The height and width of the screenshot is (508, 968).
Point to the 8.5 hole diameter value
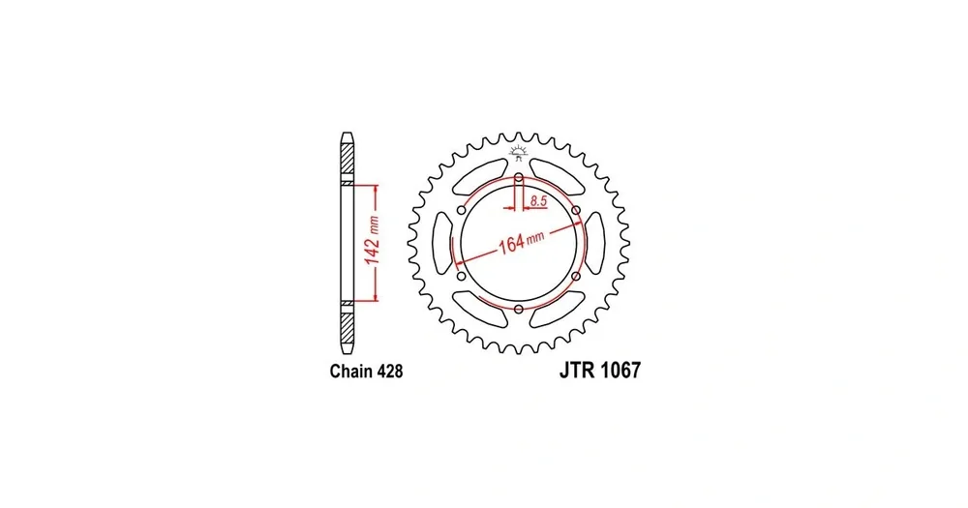pos(537,200)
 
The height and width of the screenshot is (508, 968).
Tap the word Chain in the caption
pos(350,371)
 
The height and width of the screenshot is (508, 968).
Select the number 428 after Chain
pos(389,371)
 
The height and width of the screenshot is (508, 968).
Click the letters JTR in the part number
pos(577,370)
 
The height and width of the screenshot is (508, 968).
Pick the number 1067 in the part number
pos(620,370)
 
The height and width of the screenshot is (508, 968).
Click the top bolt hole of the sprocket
pos(519,178)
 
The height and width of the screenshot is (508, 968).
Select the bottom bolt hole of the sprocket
pos(519,309)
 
